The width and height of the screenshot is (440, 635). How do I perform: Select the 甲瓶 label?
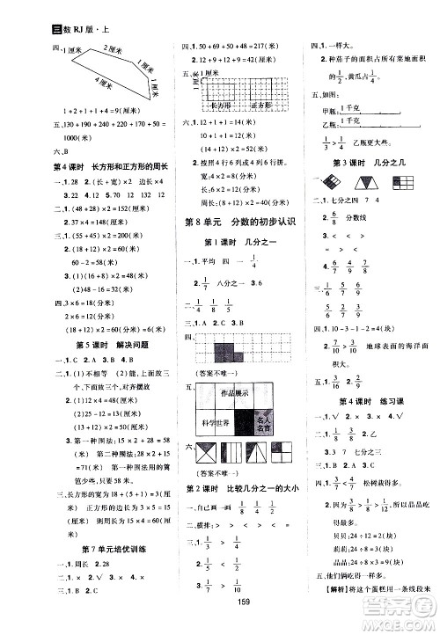pyautogui.click(x=331, y=110)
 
